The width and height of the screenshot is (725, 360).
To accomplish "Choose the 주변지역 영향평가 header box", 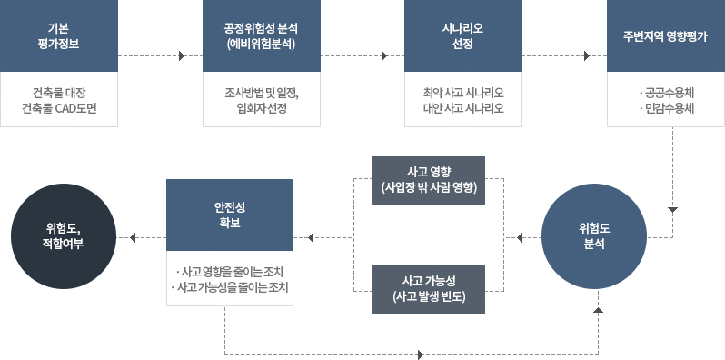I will (667, 35).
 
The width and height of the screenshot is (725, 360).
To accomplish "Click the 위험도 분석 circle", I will (597, 237).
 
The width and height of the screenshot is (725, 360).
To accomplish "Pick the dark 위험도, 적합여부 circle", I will (63, 237).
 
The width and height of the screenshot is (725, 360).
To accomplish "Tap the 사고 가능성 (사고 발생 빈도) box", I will (430, 288).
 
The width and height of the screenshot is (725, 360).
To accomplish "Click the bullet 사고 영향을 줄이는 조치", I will (229, 272).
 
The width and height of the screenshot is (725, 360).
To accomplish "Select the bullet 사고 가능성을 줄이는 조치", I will (229, 288).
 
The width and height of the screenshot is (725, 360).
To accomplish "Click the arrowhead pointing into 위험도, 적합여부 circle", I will (134, 239).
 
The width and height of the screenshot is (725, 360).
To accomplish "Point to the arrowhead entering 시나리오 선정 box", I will (386, 56).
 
